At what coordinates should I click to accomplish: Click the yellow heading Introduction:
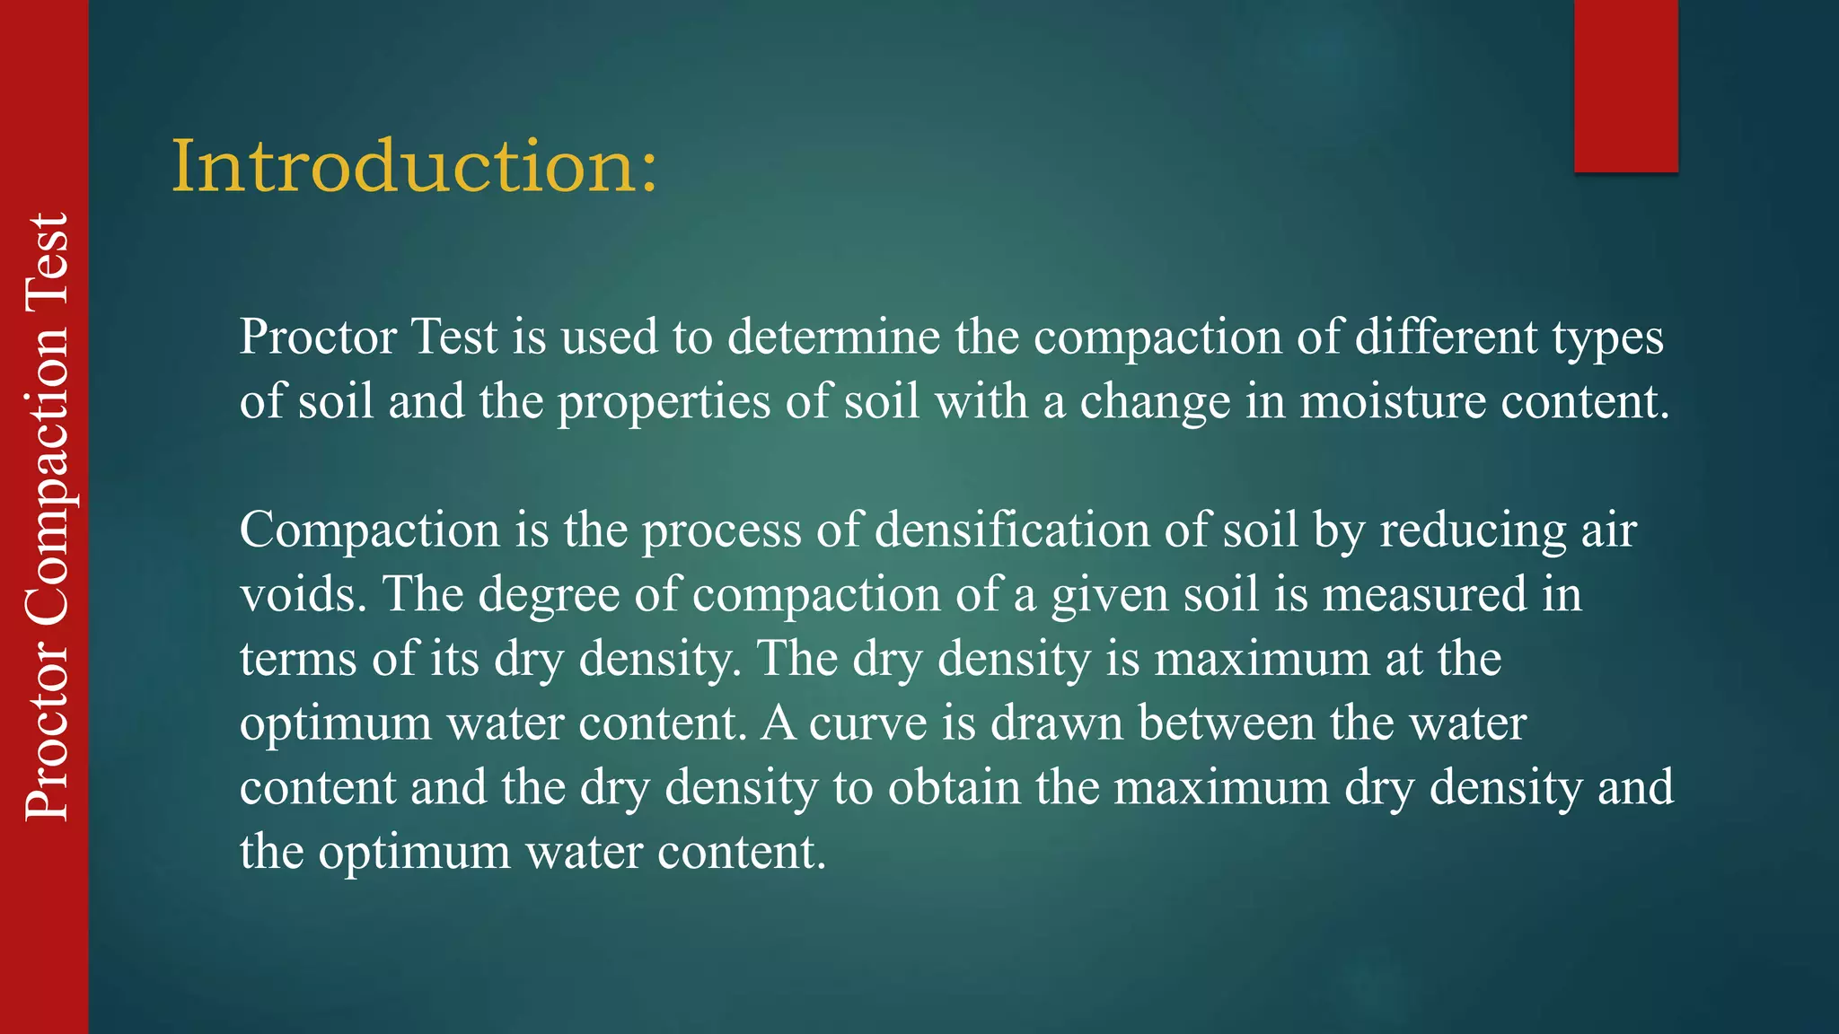[415, 166]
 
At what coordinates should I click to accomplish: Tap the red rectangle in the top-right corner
[1625, 85]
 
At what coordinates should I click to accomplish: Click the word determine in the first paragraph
[833, 337]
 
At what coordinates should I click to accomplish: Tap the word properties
[664, 403]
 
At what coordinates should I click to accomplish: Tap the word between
[1227, 723]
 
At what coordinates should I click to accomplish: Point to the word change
[1155, 403]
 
